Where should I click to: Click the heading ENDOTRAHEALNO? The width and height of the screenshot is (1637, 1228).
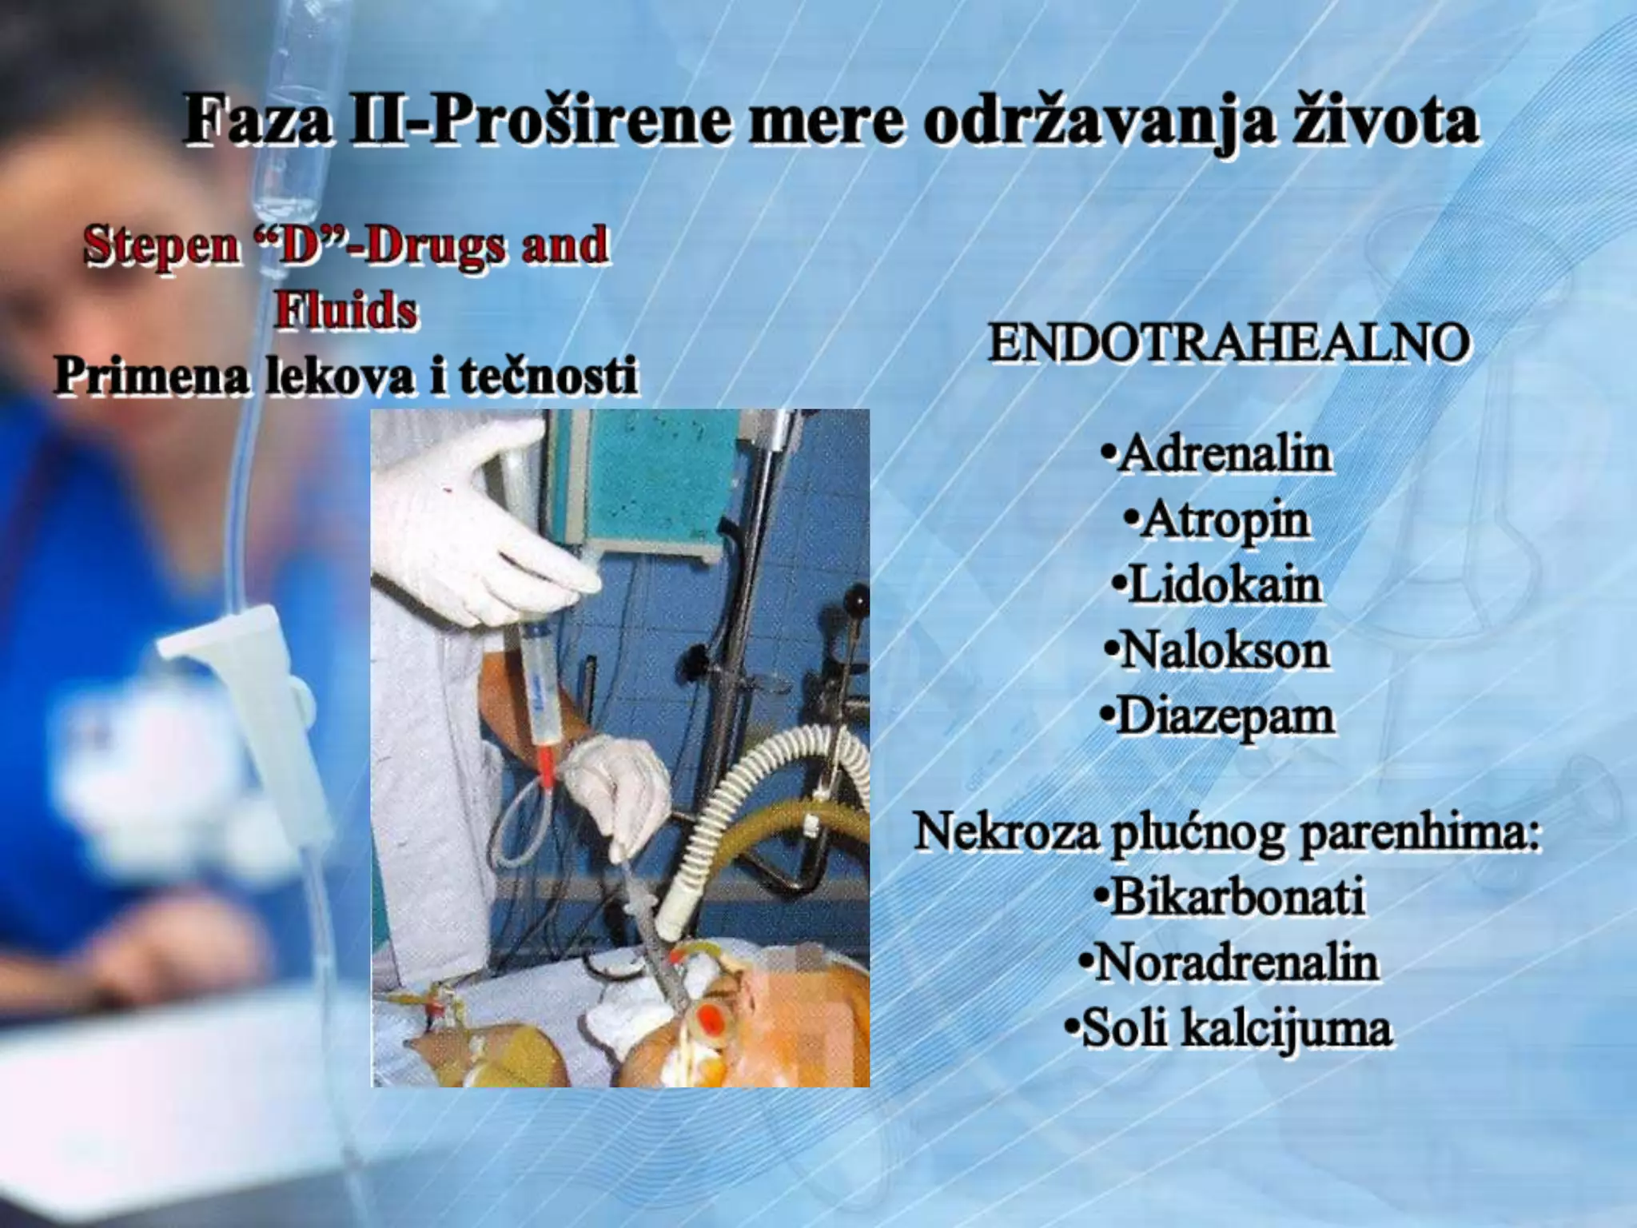(1229, 344)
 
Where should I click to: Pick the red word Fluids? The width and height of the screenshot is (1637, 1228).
(345, 309)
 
